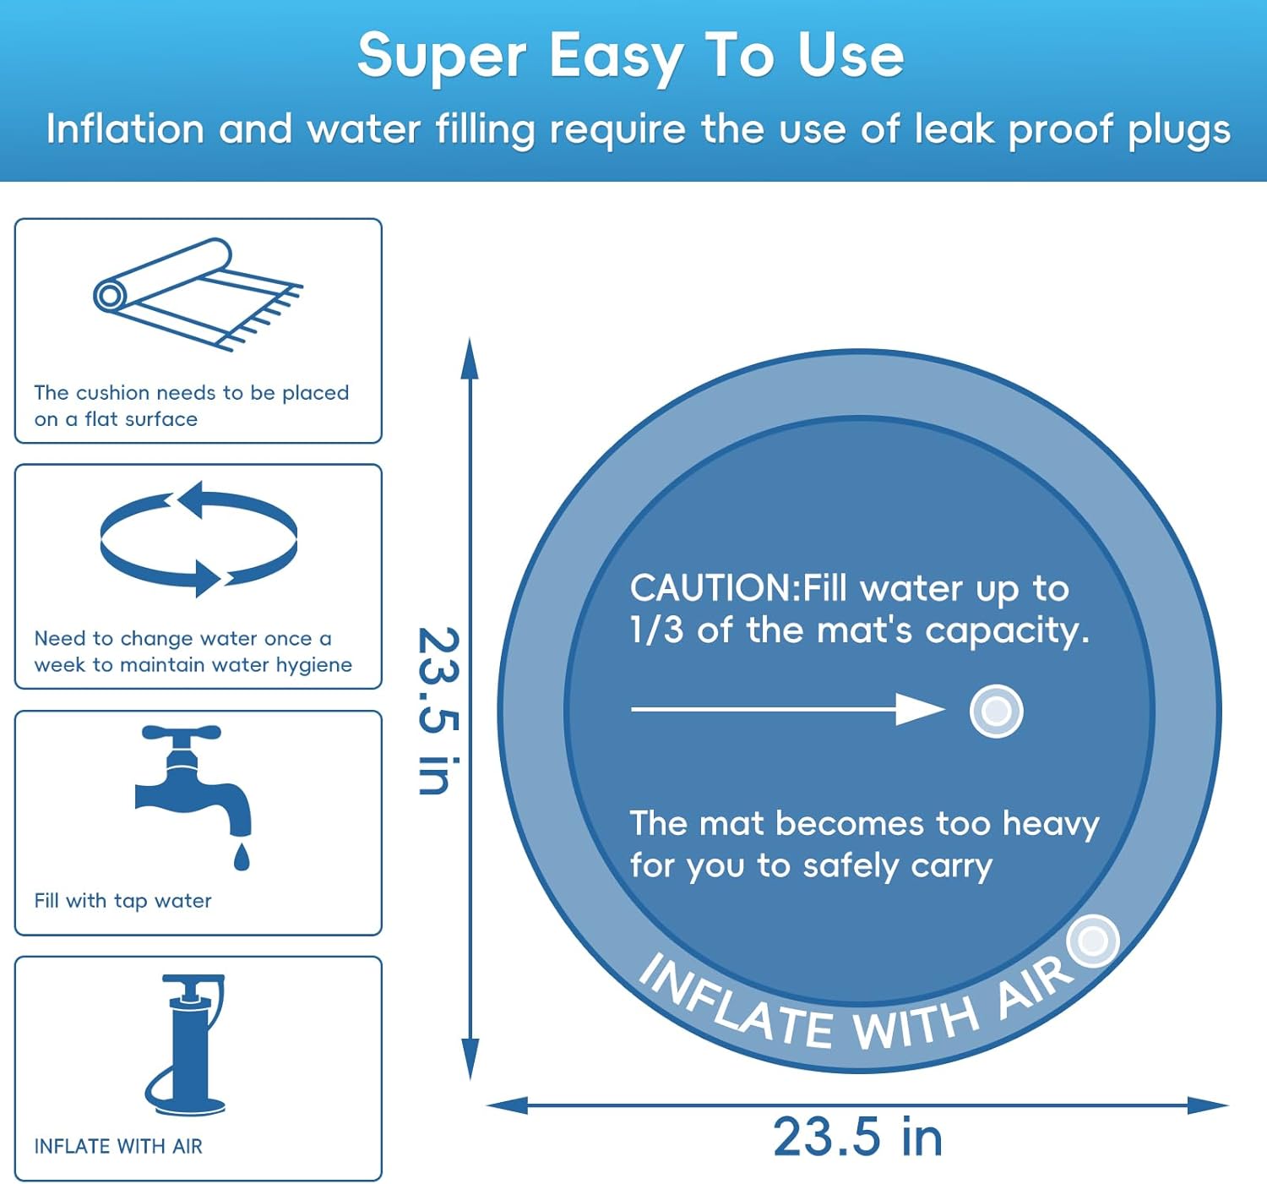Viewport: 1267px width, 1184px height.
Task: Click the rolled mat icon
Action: click(197, 293)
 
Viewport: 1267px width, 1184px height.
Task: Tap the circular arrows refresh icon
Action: click(198, 539)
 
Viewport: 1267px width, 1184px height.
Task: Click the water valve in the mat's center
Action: click(996, 711)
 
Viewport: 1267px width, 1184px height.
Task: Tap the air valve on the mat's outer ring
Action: click(1093, 941)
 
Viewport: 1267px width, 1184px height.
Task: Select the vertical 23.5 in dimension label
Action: click(439, 710)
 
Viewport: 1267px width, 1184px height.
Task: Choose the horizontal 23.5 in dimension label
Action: click(857, 1137)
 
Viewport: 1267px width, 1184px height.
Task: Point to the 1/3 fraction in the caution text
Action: click(656, 630)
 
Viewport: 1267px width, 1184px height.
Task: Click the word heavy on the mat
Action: click(1050, 824)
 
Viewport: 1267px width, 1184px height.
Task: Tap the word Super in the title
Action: click(442, 57)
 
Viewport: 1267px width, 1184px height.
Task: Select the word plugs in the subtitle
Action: click(1179, 131)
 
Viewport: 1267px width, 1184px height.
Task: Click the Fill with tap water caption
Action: click(123, 901)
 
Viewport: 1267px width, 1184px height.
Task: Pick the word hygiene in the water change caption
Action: click(307, 665)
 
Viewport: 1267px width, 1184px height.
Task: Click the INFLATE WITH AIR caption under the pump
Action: click(118, 1146)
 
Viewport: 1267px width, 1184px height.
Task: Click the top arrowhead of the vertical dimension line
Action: click(470, 356)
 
